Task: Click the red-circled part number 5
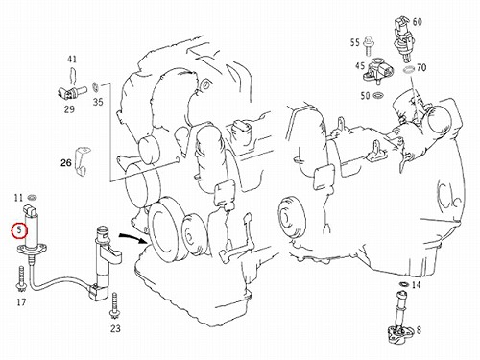[x=20, y=230]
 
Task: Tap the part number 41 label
[x=72, y=60]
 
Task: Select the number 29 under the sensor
[x=69, y=109]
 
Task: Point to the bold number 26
[x=66, y=163]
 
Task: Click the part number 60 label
[x=417, y=22]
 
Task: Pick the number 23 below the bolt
[x=115, y=328]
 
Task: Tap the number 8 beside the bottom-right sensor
[x=419, y=330]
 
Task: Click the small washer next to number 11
[x=32, y=197]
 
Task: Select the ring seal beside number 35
[x=95, y=86]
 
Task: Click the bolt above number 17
[x=21, y=279]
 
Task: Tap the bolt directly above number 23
[x=114, y=306]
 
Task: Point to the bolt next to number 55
[x=369, y=46]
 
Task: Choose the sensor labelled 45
[x=377, y=71]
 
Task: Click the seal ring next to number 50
[x=378, y=95]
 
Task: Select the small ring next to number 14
[x=404, y=284]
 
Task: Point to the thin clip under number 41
[x=73, y=76]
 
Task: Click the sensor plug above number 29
[x=71, y=92]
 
